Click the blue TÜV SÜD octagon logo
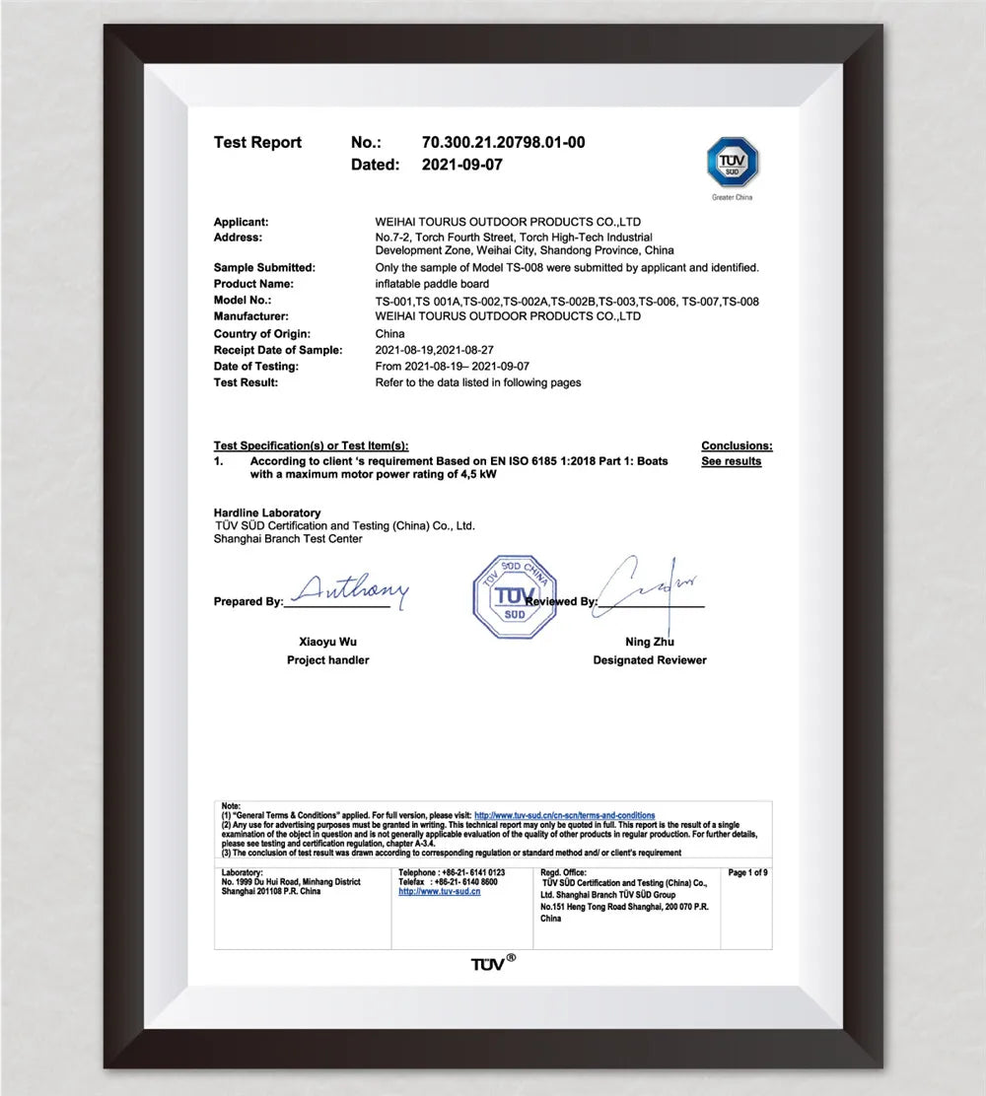[733, 163]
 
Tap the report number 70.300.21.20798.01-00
[503, 143]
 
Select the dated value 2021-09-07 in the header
[461, 166]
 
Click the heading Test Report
[257, 143]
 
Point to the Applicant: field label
[241, 223]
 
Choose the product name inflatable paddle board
[432, 284]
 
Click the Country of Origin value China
[390, 334]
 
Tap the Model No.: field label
[243, 301]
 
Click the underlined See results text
[731, 461]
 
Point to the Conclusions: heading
[737, 446]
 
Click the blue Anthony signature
[350, 591]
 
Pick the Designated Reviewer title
[650, 660]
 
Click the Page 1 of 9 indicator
[747, 873]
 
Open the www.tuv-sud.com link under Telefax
[439, 891]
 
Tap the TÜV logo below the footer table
[492, 962]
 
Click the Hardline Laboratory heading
[267, 514]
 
